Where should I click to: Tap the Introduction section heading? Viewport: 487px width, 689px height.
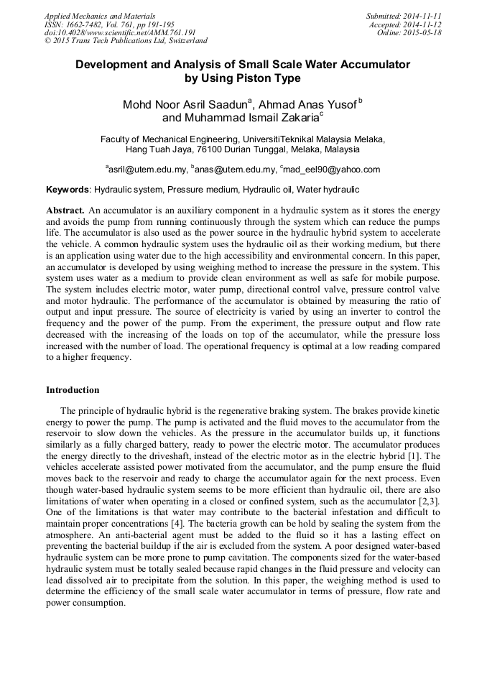[73, 390]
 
